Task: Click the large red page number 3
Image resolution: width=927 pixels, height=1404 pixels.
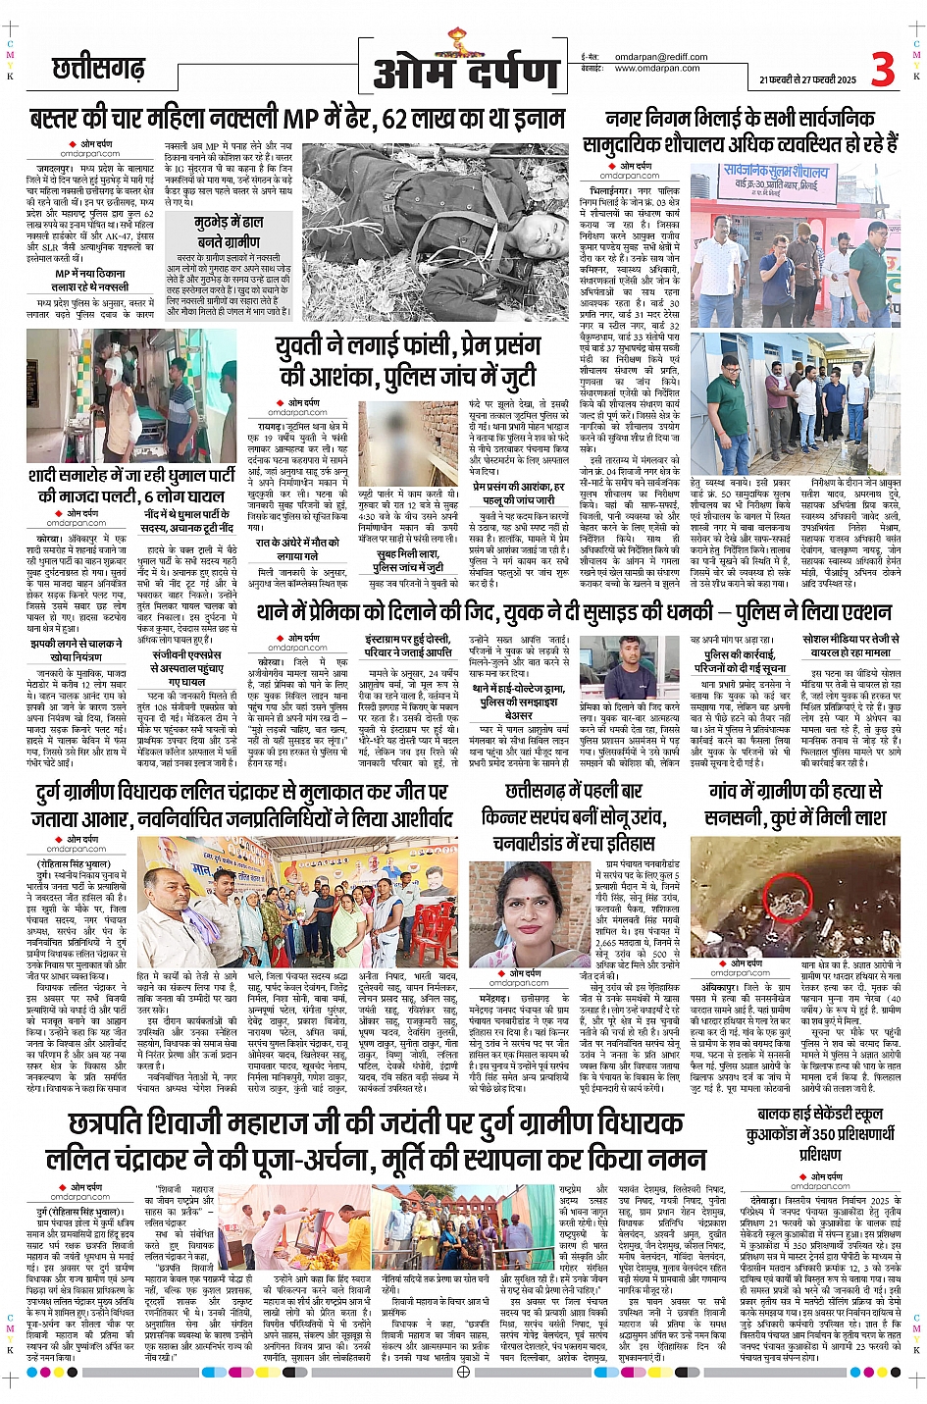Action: click(x=883, y=69)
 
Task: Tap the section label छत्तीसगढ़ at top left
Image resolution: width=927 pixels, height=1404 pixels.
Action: click(x=98, y=69)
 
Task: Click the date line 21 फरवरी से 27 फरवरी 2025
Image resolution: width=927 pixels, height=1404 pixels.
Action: click(x=807, y=80)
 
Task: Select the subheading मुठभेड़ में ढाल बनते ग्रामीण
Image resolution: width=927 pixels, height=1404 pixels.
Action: click(x=229, y=232)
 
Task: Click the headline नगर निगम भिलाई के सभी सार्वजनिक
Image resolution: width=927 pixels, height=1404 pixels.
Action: click(x=740, y=120)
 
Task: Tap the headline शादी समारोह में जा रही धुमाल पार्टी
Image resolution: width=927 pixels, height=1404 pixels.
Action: click(x=132, y=476)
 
